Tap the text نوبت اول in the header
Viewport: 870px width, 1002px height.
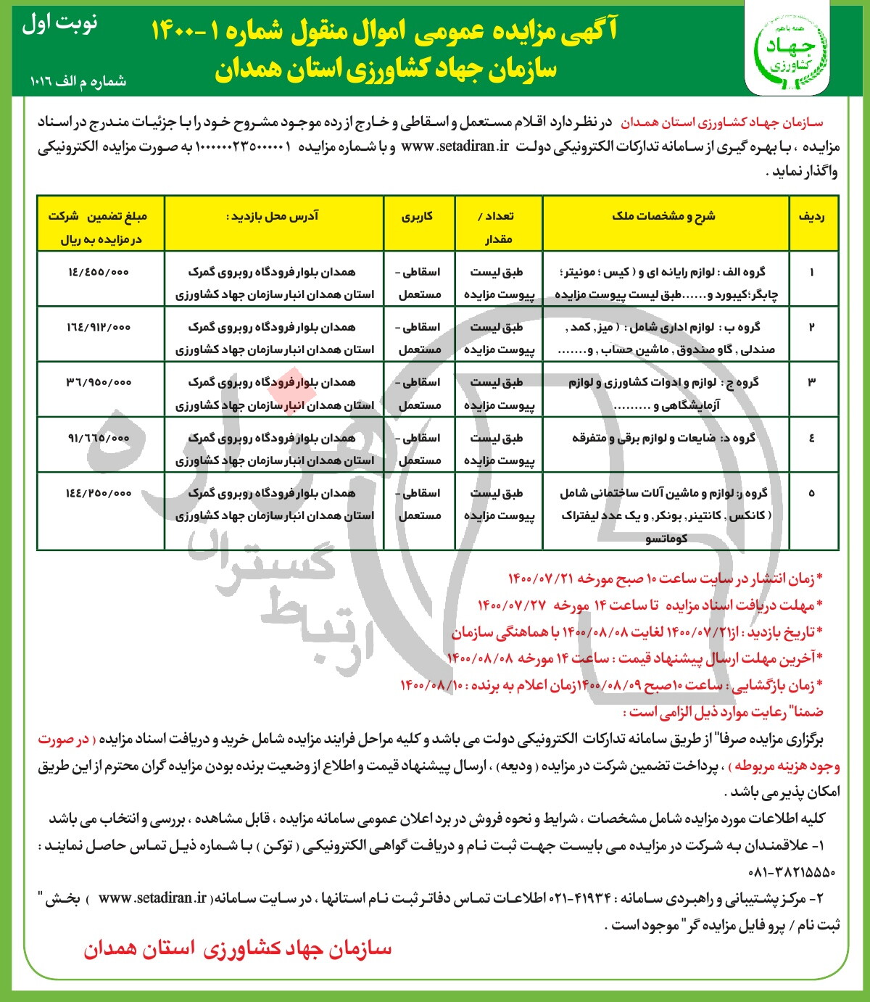[60, 24]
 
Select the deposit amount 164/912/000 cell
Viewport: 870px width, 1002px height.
[99, 327]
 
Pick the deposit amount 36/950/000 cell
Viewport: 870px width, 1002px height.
[99, 382]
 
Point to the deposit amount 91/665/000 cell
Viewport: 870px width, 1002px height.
[99, 438]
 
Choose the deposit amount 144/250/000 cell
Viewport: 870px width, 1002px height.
[99, 493]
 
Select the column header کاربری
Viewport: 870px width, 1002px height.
[418, 216]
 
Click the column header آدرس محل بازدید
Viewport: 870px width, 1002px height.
[275, 216]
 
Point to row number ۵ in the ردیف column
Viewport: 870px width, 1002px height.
[811, 493]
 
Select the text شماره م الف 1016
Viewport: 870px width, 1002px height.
[79, 81]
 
